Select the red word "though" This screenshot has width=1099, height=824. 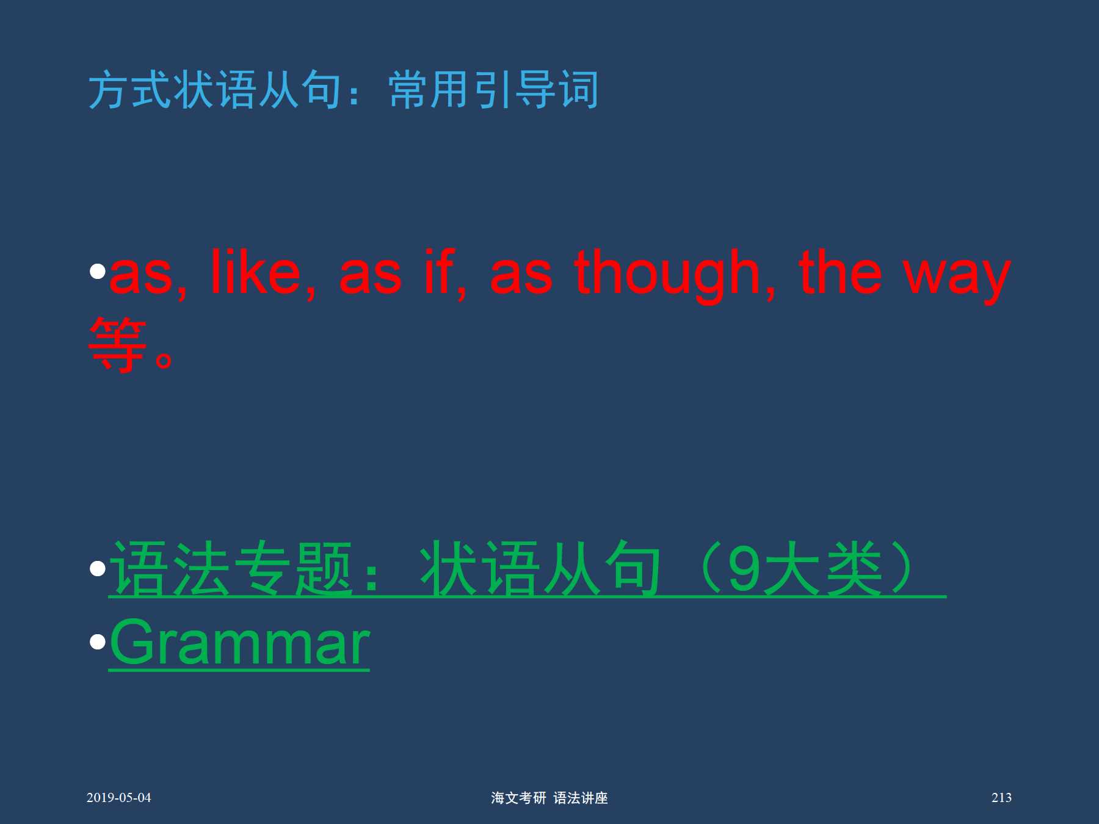667,275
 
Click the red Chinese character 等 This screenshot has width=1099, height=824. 117,344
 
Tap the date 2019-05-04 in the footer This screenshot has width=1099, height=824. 118,798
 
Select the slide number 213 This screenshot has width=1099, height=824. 1001,798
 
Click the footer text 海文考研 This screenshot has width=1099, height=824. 518,798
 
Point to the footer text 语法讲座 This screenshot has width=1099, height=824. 581,798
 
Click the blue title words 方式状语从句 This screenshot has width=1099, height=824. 215,90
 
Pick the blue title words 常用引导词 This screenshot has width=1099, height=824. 493,90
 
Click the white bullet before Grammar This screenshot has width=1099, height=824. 98,642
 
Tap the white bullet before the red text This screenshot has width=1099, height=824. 98,271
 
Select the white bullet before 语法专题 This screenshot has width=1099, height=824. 98,569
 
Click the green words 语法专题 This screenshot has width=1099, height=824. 231,569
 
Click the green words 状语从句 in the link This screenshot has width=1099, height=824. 540,569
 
